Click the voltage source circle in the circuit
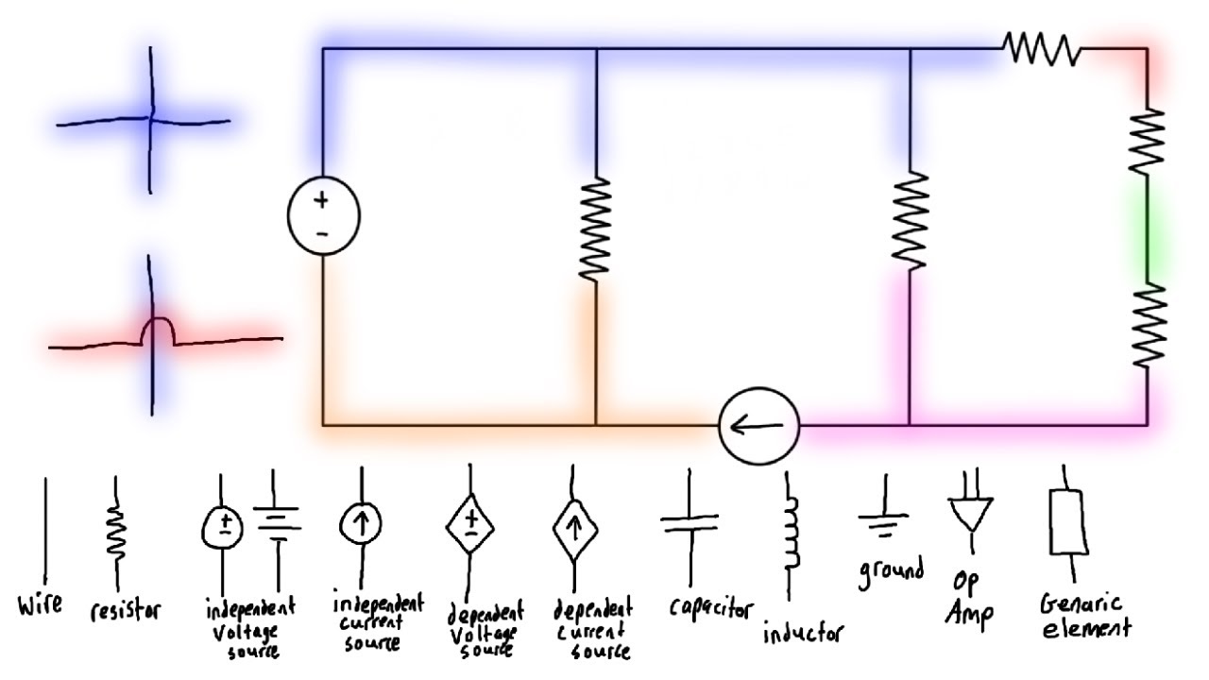[324, 217]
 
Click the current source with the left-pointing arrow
[758, 425]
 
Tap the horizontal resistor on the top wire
[1041, 47]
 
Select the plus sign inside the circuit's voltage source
[322, 199]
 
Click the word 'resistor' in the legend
[125, 611]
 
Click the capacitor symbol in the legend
[690, 524]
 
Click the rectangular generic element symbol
[1068, 521]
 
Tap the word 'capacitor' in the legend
[711, 607]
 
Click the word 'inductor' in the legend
[803, 632]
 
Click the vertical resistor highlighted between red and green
[1148, 140]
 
